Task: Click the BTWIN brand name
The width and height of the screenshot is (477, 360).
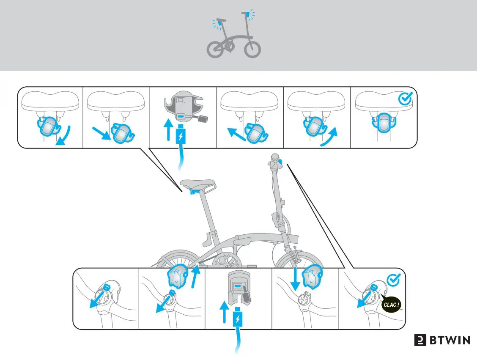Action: click(449, 341)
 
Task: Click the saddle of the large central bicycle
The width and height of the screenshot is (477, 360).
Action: click(198, 184)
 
